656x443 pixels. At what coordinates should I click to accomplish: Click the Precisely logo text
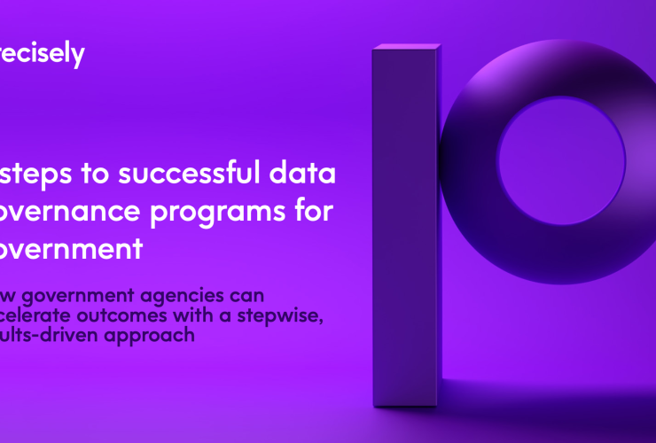(42, 55)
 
